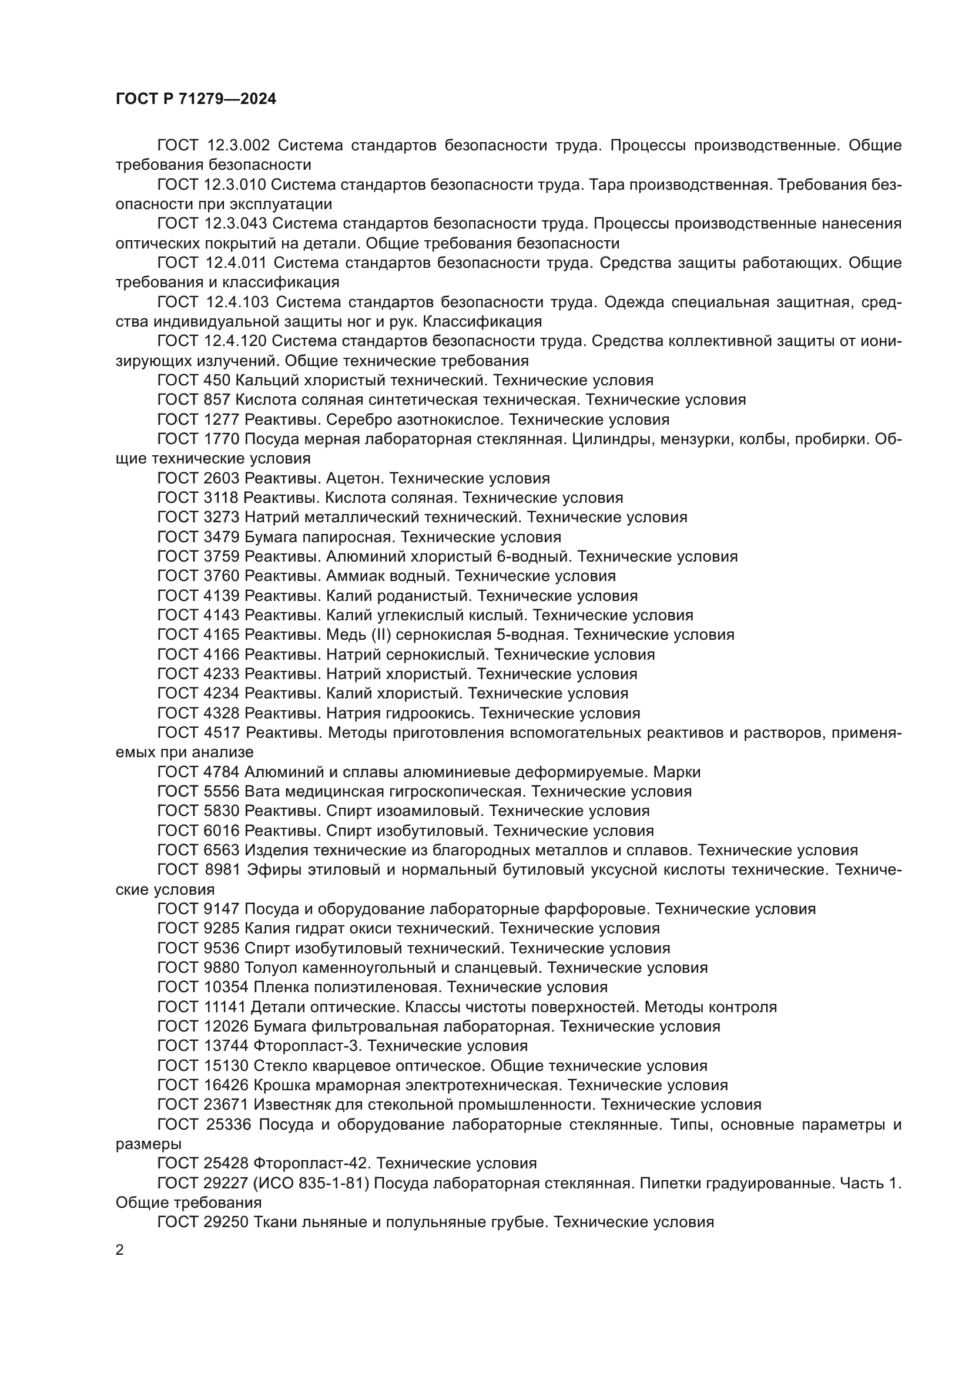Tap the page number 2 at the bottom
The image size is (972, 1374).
pos(120,1249)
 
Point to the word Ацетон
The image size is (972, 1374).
pos(353,478)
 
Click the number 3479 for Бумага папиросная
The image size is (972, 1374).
pos(221,537)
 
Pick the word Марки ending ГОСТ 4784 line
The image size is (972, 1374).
pos(678,772)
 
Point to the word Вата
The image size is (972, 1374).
pos(262,792)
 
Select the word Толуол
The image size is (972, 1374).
pos(271,968)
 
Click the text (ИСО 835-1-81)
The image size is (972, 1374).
pos(306,1184)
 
